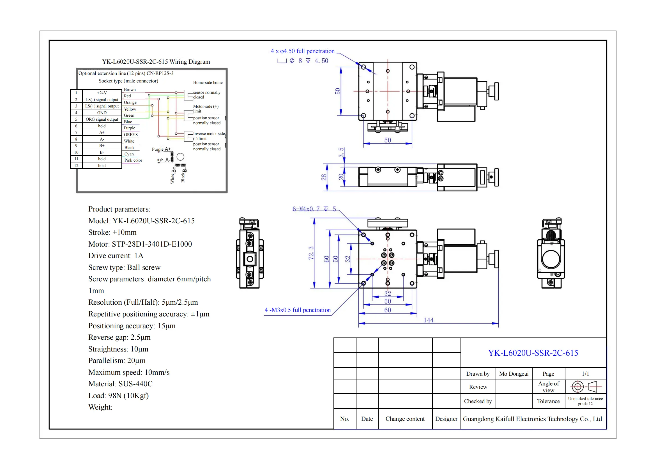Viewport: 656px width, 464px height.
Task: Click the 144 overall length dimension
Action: click(428, 320)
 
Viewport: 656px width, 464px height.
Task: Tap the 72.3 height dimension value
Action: click(311, 253)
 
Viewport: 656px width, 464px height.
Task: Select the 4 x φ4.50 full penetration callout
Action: click(303, 51)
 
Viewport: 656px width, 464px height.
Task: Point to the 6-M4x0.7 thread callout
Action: click(314, 209)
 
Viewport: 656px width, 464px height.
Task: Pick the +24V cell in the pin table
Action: click(102, 93)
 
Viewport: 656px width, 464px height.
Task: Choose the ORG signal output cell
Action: click(102, 119)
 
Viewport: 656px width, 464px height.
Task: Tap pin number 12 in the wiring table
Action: click(76, 166)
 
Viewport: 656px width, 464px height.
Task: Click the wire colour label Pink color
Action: click(133, 160)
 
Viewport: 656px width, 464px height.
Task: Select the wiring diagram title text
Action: click(156, 62)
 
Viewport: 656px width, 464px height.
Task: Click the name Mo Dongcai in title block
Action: click(514, 374)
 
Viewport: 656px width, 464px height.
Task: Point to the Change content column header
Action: click(405, 419)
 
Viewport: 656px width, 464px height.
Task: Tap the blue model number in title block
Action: click(533, 353)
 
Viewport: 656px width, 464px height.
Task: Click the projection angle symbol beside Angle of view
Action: click(585, 387)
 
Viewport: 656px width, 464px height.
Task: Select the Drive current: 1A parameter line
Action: click(116, 256)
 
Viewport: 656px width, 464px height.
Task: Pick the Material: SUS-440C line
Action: click(120, 384)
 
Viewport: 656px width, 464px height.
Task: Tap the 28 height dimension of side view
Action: click(324, 177)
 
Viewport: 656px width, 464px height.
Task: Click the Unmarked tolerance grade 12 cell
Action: click(585, 401)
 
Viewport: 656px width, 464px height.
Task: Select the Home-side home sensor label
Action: click(208, 82)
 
